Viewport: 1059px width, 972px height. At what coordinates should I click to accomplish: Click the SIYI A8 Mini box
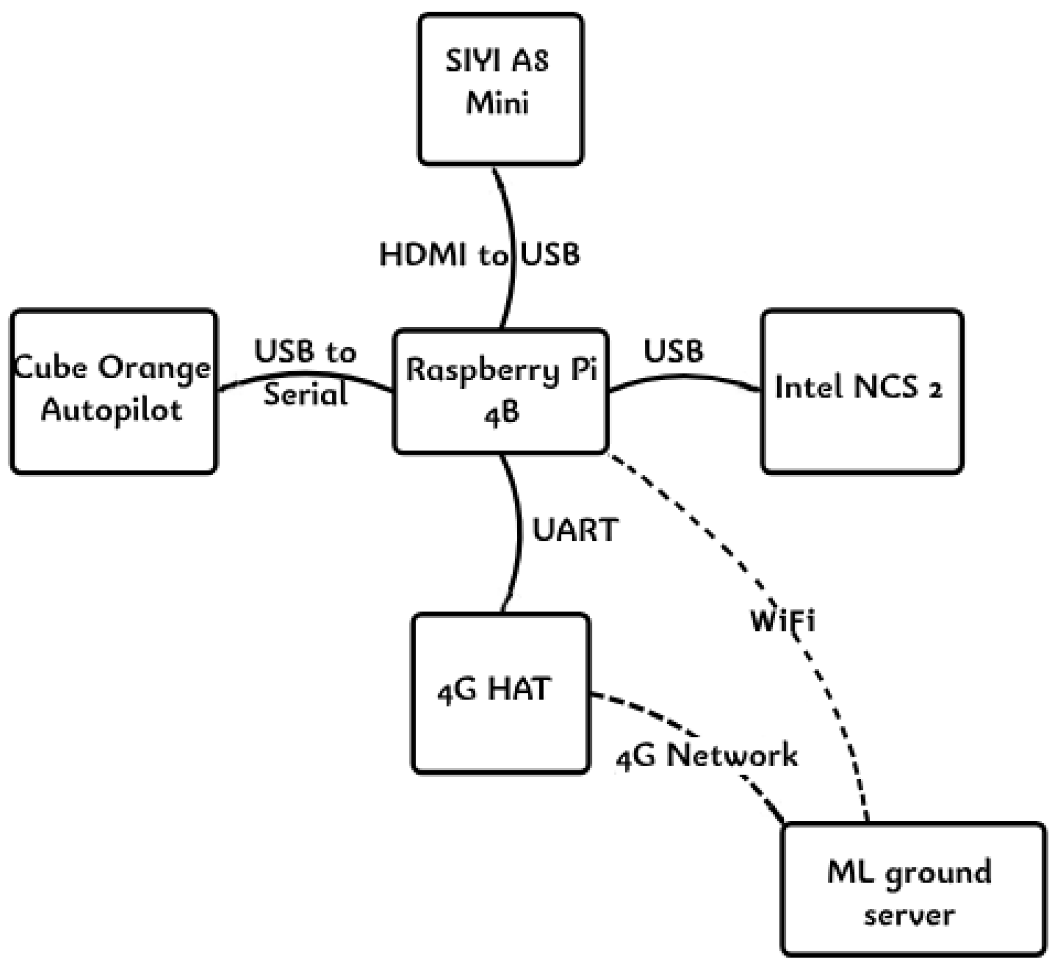coord(500,89)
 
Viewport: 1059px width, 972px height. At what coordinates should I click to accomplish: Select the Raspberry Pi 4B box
coord(500,391)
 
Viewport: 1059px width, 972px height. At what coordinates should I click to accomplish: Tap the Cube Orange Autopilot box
coord(113,391)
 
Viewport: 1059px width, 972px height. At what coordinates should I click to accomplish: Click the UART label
coord(574,529)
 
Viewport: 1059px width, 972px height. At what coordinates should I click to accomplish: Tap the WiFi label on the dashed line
coord(783,621)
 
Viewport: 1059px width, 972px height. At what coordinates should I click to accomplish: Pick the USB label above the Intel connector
coord(673,351)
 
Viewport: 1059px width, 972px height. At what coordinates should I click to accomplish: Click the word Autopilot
coord(112,410)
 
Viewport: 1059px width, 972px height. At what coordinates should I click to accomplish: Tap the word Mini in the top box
coord(497,102)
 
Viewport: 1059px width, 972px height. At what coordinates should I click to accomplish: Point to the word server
coord(909,915)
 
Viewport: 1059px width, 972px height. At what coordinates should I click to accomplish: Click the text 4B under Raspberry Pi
coord(501,413)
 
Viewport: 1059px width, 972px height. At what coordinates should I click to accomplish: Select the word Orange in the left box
coord(154,369)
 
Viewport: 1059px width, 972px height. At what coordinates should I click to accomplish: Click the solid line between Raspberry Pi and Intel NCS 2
coord(684,376)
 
